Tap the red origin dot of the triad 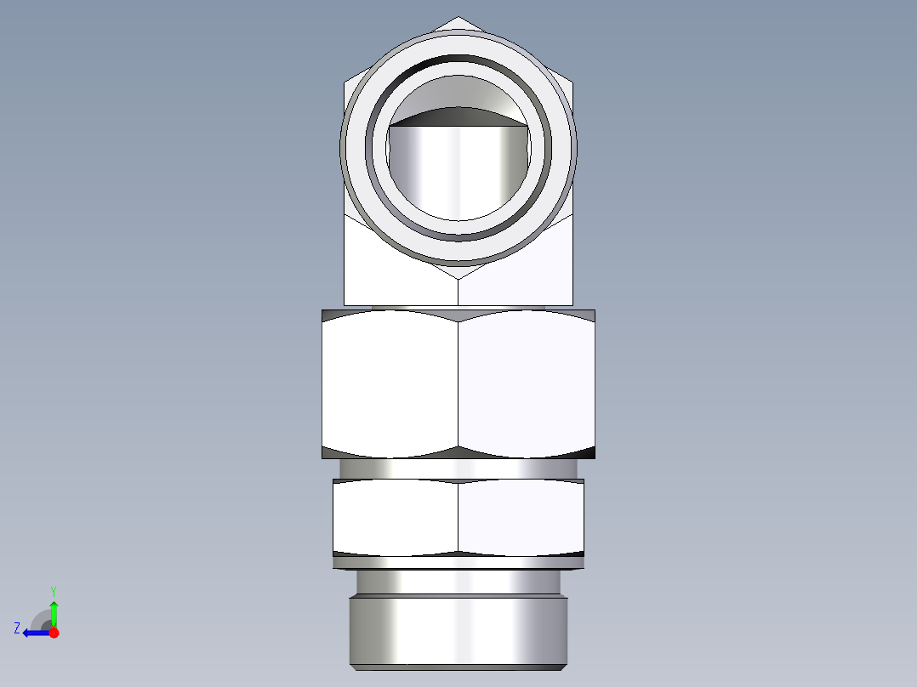[54, 633]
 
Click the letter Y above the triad [54, 590]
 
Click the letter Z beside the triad [17, 627]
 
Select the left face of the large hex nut [390, 383]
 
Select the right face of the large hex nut [526, 383]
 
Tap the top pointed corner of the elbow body [458, 20]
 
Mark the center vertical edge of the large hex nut [458, 383]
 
